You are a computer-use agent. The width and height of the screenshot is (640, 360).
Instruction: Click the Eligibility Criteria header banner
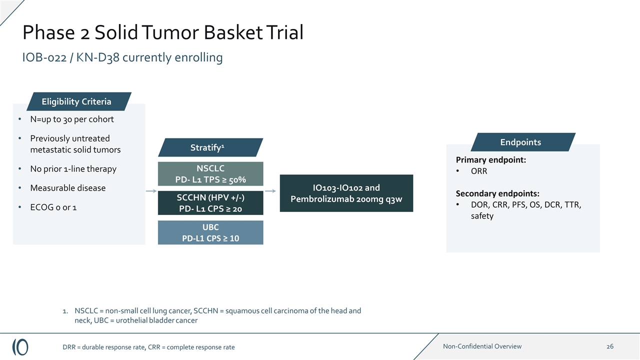tap(79, 101)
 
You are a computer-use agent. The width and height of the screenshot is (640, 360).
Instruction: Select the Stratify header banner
tap(210, 147)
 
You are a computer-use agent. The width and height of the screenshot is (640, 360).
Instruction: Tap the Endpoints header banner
tap(523, 142)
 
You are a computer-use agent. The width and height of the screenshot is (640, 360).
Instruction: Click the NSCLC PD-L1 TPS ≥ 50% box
tap(210, 173)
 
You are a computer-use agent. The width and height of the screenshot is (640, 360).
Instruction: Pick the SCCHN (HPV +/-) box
tap(210, 203)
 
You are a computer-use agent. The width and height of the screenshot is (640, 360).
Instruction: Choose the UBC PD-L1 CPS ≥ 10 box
tap(210, 232)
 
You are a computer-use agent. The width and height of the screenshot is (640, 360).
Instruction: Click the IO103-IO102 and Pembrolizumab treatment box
tap(346, 193)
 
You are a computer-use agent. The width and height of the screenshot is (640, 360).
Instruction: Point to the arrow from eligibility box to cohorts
tap(151, 191)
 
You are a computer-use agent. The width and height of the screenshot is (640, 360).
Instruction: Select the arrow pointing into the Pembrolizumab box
tap(270, 191)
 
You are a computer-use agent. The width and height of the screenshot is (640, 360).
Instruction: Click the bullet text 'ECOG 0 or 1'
tap(53, 207)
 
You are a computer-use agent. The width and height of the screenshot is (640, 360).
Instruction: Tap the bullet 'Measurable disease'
tap(67, 188)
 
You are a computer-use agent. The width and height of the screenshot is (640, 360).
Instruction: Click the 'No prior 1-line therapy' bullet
tap(73, 169)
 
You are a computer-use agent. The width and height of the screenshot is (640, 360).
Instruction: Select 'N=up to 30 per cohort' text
tap(72, 119)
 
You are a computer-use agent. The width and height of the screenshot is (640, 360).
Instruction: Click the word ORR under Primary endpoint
tap(479, 171)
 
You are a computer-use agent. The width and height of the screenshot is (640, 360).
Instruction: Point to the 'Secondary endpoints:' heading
tap(497, 193)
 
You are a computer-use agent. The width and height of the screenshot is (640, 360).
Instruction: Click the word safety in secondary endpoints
tap(482, 215)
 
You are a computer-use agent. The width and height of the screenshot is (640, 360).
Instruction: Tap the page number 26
tap(609, 346)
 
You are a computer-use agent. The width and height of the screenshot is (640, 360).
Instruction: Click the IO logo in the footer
tap(20, 347)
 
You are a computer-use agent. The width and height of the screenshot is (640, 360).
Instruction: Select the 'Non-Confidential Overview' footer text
tap(482, 346)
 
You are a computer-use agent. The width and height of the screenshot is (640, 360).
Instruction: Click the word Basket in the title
tap(233, 32)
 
